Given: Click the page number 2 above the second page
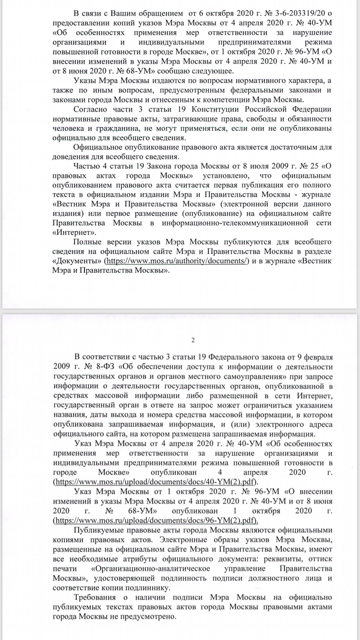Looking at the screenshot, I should [x=193, y=341].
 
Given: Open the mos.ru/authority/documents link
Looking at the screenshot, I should [x=176, y=261].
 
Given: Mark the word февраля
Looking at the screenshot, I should [x=314, y=356].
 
